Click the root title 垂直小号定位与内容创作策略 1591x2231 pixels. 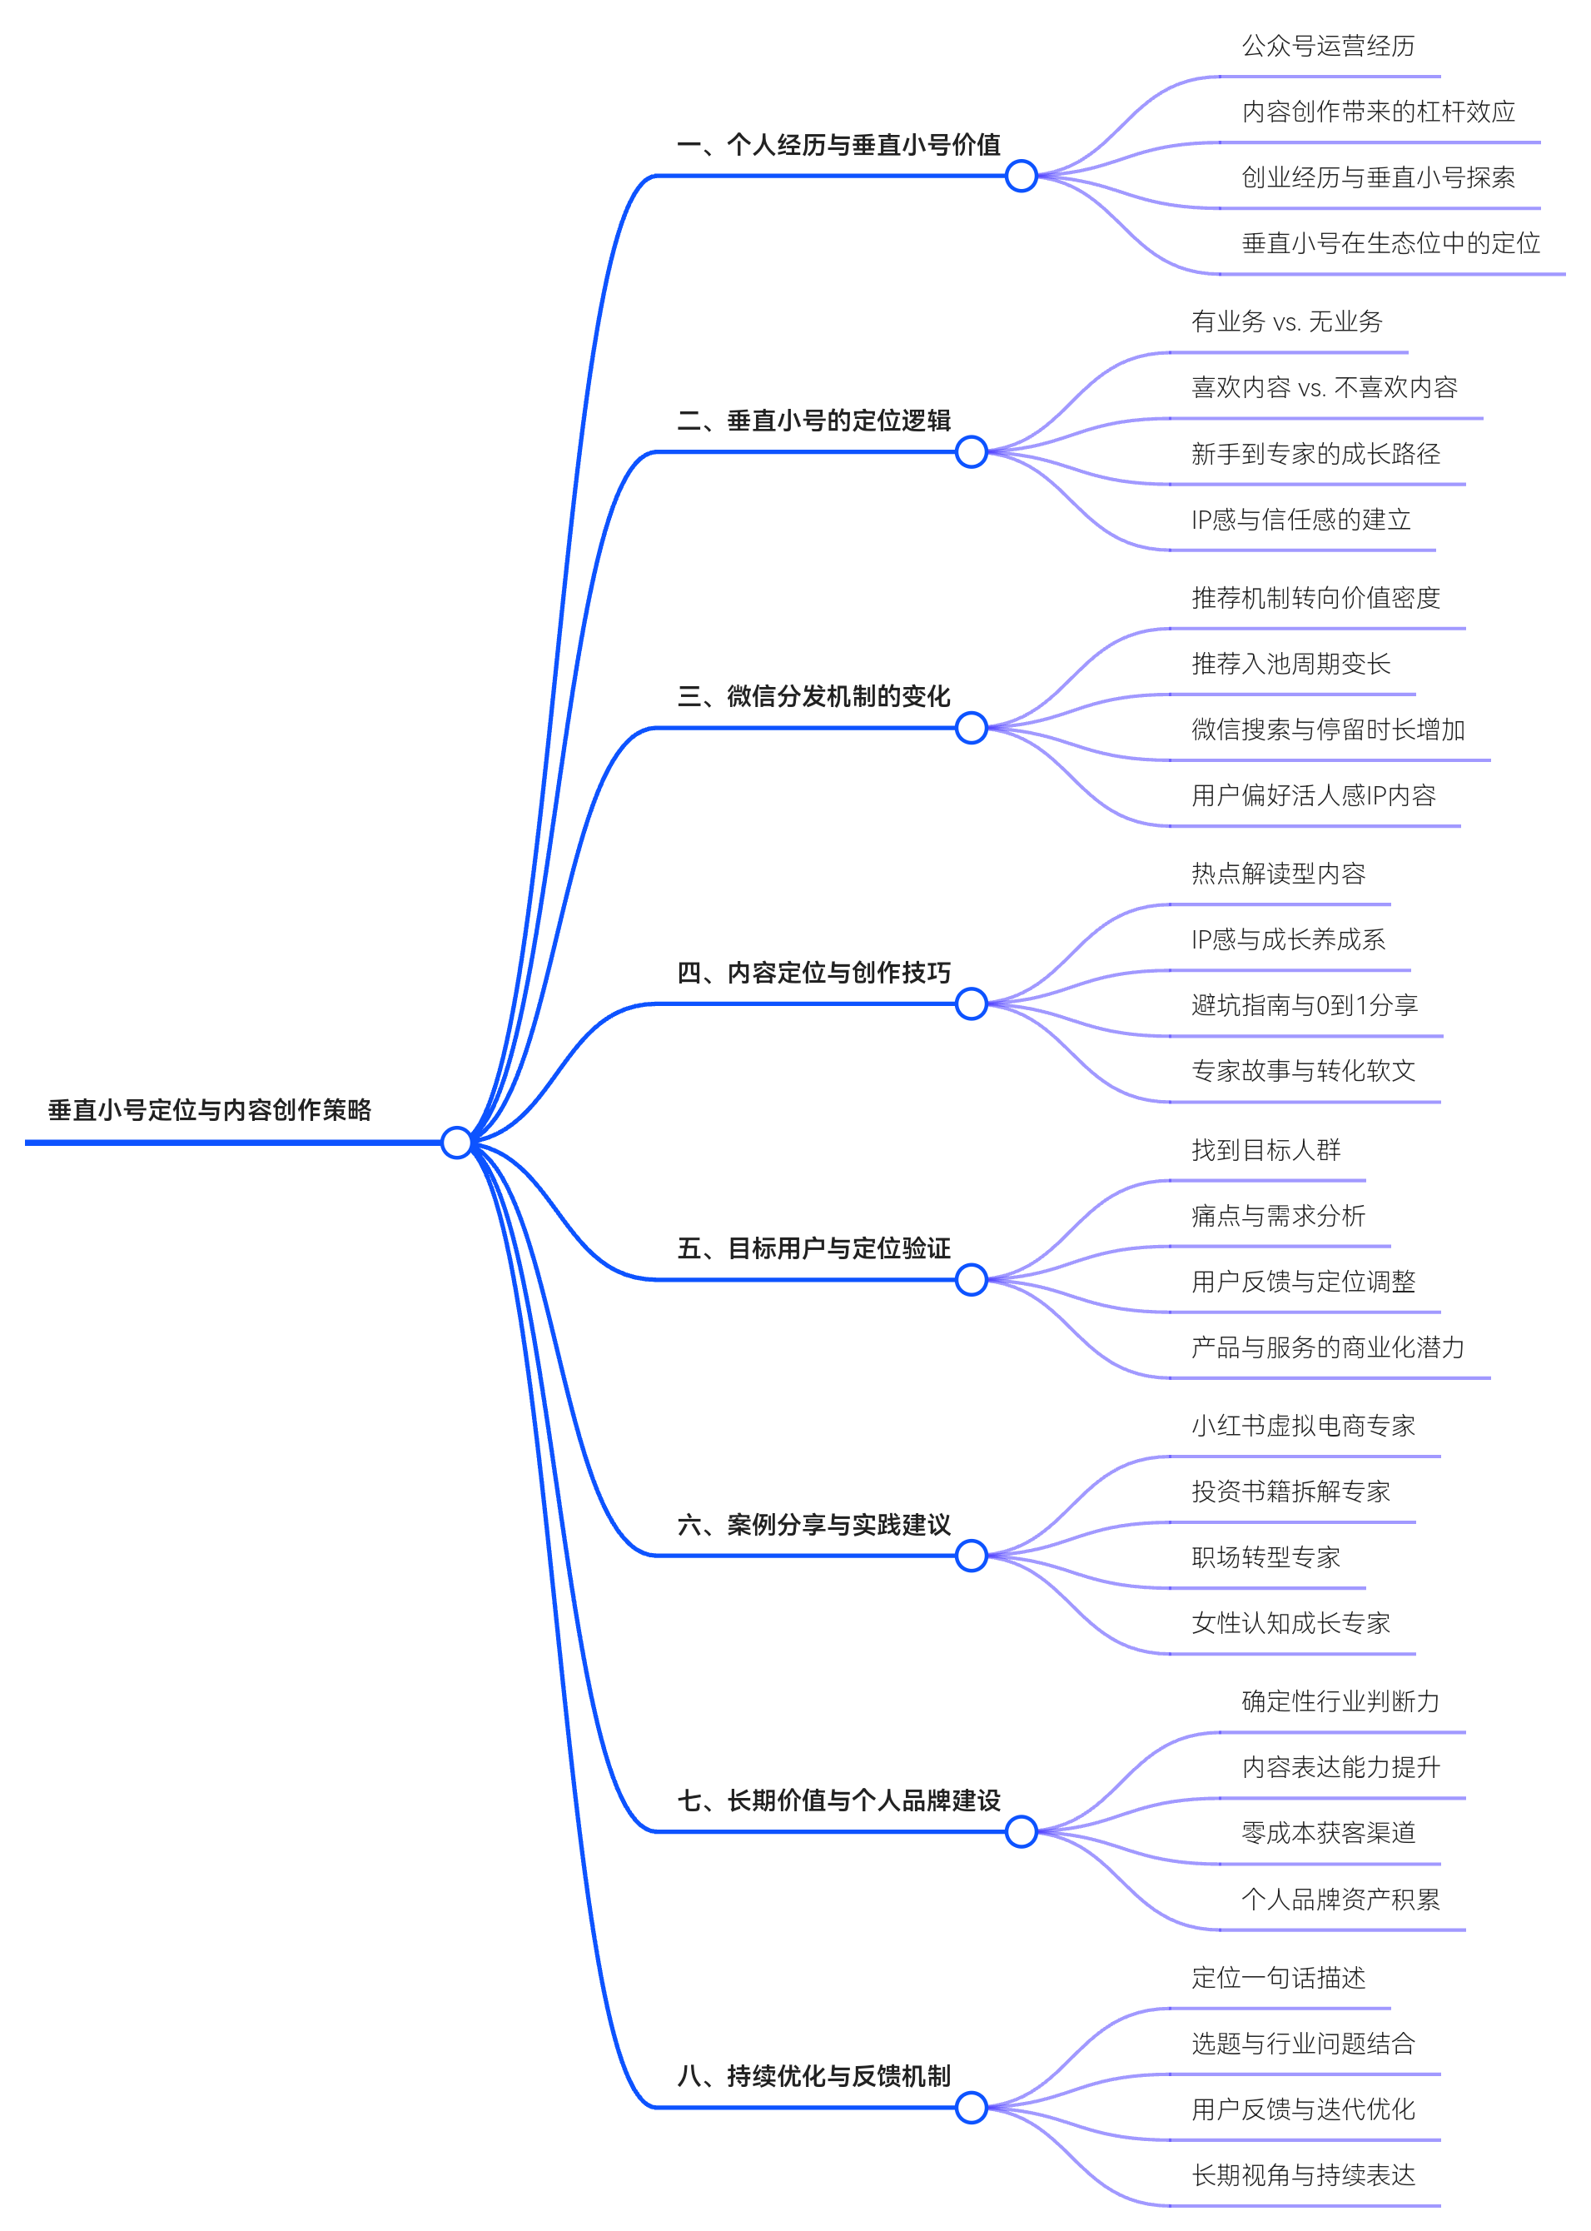[210, 1110]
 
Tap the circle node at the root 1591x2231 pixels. [456, 1143]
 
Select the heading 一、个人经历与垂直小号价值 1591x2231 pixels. [838, 145]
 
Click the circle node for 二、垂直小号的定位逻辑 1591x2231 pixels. [971, 451]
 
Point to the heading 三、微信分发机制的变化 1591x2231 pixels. [814, 697]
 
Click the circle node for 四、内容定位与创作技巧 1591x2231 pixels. [971, 1004]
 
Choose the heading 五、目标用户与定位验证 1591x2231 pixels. [814, 1248]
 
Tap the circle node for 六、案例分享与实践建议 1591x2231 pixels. [971, 1556]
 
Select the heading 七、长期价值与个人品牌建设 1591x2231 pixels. [838, 1800]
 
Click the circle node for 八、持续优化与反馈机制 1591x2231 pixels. [971, 2108]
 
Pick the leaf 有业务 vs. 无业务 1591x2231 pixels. [1286, 321]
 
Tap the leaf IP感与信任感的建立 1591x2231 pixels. [1301, 520]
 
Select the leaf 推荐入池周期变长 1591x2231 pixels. [1290, 664]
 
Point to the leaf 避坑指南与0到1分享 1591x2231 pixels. [1304, 1004]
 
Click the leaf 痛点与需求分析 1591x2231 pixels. [1277, 1216]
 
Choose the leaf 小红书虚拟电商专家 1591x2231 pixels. [1303, 1426]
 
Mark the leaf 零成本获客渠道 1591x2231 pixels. [1329, 1832]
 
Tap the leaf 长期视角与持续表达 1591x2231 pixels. [1303, 2175]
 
